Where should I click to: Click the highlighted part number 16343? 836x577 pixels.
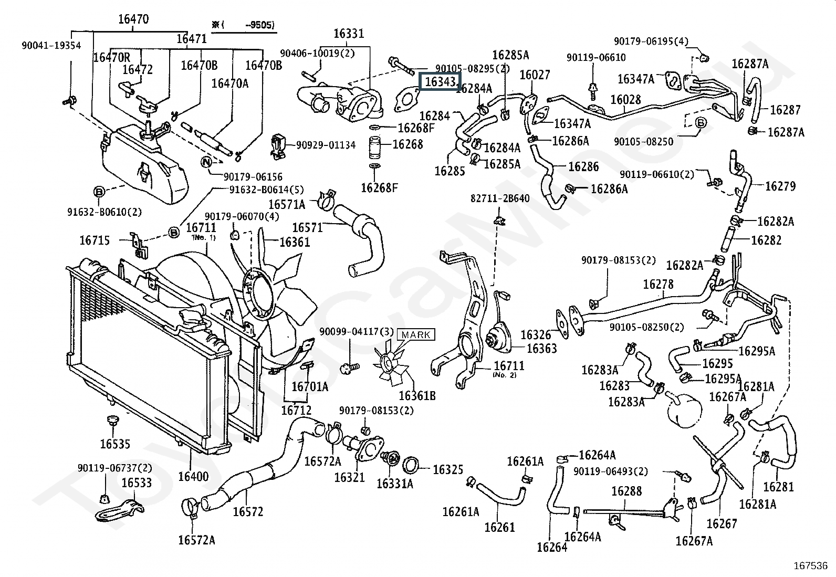(441, 82)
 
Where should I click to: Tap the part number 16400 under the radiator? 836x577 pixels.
(193, 477)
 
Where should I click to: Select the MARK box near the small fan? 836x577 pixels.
(416, 335)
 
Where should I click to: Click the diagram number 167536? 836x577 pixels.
(810, 566)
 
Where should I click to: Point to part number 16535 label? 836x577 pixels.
(115, 444)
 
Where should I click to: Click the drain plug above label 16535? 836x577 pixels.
(112, 421)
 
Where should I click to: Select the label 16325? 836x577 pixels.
(447, 469)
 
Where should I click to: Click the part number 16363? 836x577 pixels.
(541, 349)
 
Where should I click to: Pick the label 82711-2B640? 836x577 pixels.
(500, 198)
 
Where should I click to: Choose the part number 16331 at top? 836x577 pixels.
(348, 34)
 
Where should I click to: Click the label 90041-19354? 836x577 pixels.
(51, 46)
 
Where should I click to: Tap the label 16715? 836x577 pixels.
(95, 240)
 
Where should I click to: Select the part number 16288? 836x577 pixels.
(626, 491)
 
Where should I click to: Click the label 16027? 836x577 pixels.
(535, 75)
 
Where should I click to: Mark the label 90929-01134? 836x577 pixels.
(326, 145)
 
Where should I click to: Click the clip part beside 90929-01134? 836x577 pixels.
(278, 146)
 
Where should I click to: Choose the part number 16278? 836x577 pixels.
(659, 285)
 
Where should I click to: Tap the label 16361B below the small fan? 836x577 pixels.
(417, 396)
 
